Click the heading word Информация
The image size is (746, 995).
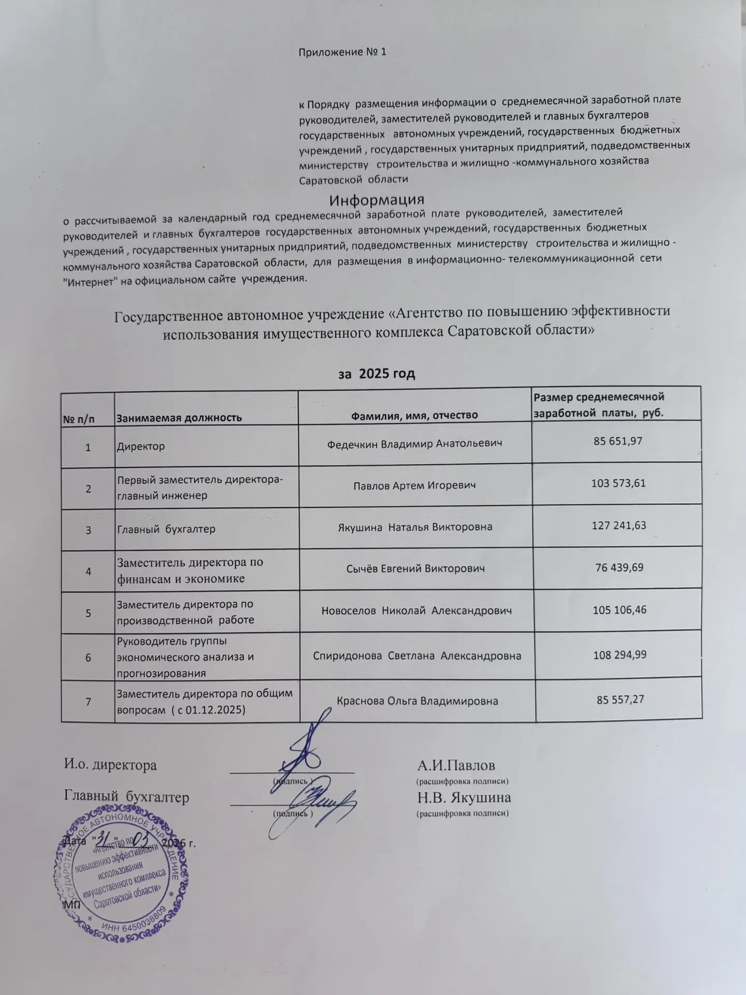(x=377, y=200)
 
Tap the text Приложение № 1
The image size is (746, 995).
(x=342, y=52)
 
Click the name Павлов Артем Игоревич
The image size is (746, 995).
(x=414, y=486)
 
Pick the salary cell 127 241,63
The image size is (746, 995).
(x=619, y=525)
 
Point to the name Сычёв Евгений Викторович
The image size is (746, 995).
(x=415, y=568)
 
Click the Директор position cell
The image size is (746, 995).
(x=141, y=446)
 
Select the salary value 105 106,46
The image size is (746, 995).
(x=620, y=610)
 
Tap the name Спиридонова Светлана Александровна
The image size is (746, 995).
(x=417, y=656)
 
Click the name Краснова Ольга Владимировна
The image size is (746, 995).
(x=418, y=701)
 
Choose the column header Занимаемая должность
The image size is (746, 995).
(x=179, y=417)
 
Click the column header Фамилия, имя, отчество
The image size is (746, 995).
(x=414, y=415)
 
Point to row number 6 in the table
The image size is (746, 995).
(x=88, y=657)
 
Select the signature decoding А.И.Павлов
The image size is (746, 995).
(x=456, y=765)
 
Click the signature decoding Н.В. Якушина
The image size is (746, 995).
(x=464, y=797)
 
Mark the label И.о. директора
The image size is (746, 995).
(x=110, y=765)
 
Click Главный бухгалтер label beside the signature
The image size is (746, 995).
(x=126, y=797)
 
